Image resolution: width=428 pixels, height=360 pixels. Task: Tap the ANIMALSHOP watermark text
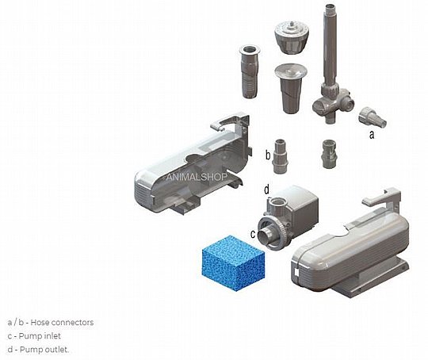[197, 177]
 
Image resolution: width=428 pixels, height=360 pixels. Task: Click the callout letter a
[372, 134]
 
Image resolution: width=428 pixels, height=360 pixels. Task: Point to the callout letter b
[268, 155]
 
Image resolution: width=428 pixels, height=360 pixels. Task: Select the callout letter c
[253, 234]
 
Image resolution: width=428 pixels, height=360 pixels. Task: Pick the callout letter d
[266, 190]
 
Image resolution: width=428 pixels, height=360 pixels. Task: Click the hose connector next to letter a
[373, 117]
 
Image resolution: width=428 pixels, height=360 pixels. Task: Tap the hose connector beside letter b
[280, 156]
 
